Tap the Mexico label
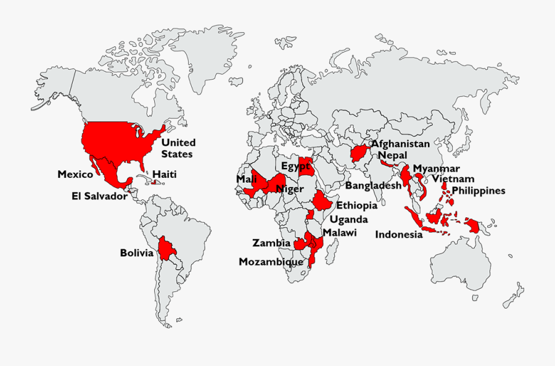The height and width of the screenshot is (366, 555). [x=75, y=174]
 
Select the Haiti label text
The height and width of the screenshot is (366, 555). [x=165, y=175]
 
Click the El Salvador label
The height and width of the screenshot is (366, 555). [x=99, y=196]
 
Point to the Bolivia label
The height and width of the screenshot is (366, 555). [x=136, y=252]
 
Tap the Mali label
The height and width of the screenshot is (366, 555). [x=246, y=179]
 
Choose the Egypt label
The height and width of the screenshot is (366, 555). [x=295, y=166]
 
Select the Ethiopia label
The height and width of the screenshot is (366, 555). [x=357, y=206]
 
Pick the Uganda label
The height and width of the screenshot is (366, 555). [x=348, y=219]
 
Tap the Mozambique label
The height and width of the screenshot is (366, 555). [x=271, y=262]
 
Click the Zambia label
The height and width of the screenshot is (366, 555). [x=271, y=243]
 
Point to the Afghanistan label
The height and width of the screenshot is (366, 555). [x=400, y=143]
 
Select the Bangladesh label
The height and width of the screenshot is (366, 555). [x=374, y=185]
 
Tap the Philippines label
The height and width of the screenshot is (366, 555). [x=479, y=190]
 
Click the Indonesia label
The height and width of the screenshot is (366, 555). [x=399, y=234]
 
